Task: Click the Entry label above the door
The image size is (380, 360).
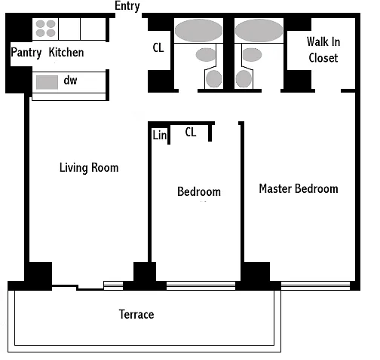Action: [x=127, y=6]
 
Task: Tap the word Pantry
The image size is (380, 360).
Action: [x=26, y=53]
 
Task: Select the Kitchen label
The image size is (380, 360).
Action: [x=66, y=52]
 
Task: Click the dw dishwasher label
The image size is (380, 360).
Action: [x=70, y=81]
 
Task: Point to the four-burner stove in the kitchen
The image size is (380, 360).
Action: [x=45, y=29]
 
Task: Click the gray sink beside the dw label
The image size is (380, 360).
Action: [x=47, y=82]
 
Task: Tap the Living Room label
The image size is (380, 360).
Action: [x=89, y=168]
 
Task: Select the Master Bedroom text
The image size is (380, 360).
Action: [x=299, y=188]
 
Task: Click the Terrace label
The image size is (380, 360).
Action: [x=136, y=314]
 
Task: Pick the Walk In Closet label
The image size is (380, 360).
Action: [x=323, y=50]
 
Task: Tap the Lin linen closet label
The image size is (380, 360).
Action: [x=159, y=135]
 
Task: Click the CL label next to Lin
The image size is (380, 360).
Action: [x=191, y=132]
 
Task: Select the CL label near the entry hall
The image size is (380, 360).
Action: [x=158, y=47]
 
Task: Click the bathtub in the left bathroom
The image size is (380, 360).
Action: [x=198, y=31]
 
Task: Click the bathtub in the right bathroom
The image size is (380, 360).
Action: [x=259, y=31]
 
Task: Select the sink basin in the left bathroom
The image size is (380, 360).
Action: [x=205, y=55]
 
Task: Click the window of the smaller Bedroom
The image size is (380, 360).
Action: [x=201, y=285]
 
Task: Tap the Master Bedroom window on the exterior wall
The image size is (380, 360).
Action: [x=315, y=285]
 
